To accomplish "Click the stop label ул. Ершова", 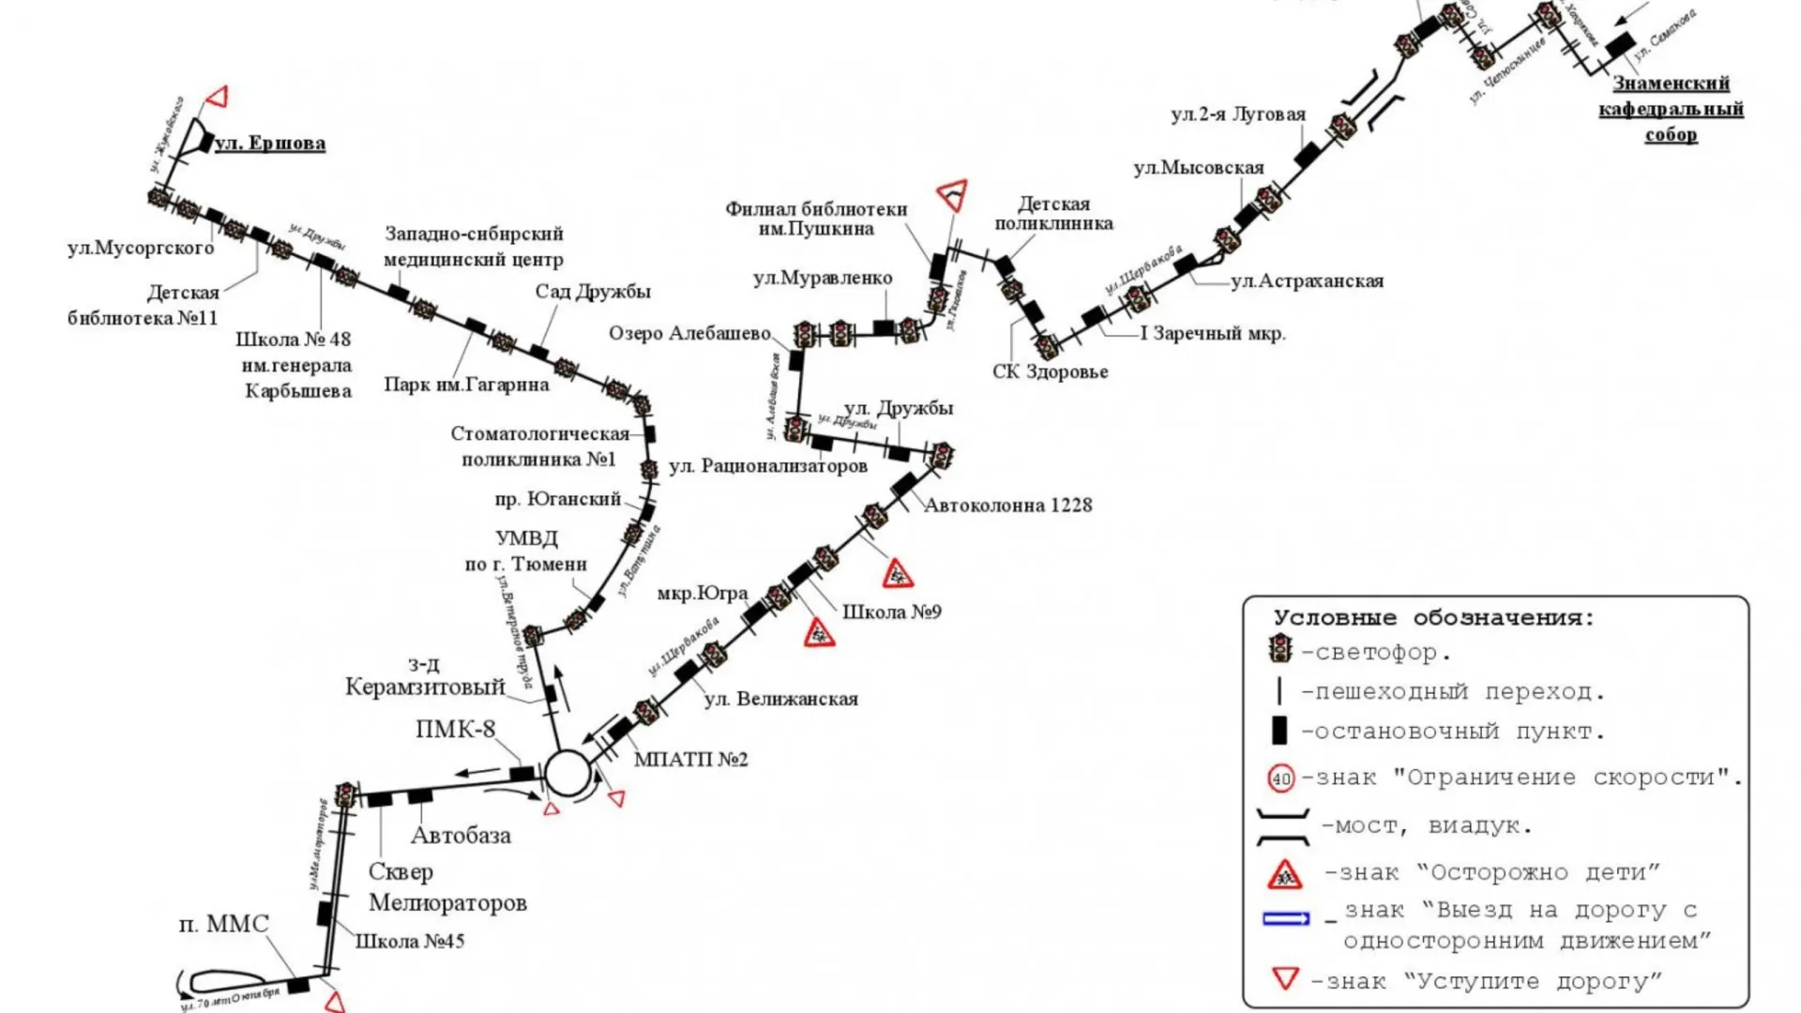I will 269,144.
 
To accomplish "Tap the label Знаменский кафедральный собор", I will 1671,109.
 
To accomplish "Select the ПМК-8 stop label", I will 455,730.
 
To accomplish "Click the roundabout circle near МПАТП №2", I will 568,774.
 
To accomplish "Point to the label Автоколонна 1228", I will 1007,506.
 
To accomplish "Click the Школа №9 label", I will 891,612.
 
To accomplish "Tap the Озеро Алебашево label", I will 689,334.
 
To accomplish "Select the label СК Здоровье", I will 1050,372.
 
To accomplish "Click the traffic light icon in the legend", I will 1279,648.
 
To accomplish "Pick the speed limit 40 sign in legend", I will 1281,779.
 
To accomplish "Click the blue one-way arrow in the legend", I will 1286,919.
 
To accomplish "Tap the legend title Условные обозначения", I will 1433,618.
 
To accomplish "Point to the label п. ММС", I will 223,925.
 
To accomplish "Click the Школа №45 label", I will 409,942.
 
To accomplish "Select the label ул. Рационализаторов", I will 767,466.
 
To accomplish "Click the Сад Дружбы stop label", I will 593,292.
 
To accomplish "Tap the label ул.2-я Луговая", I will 1237,114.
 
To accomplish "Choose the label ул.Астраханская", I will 1307,281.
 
